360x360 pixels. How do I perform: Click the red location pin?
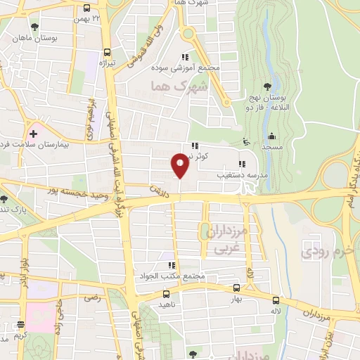click(180, 165)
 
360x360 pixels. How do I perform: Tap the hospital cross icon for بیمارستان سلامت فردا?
click(32, 134)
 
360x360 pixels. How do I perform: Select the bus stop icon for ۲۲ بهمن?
click(86, 9)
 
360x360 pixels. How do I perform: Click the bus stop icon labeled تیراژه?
click(107, 51)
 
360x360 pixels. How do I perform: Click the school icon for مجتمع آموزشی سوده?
click(184, 57)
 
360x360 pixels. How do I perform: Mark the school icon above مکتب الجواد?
click(171, 266)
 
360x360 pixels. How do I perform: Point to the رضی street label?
click(93, 297)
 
